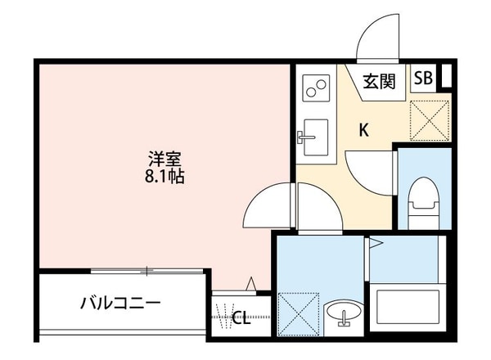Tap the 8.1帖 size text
click(x=164, y=176)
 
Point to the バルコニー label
click(x=120, y=304)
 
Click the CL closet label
click(x=241, y=318)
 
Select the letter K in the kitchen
click(x=363, y=128)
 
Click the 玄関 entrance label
click(x=380, y=81)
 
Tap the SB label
click(x=423, y=79)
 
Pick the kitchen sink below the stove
click(x=313, y=134)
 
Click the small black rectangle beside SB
click(x=445, y=77)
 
